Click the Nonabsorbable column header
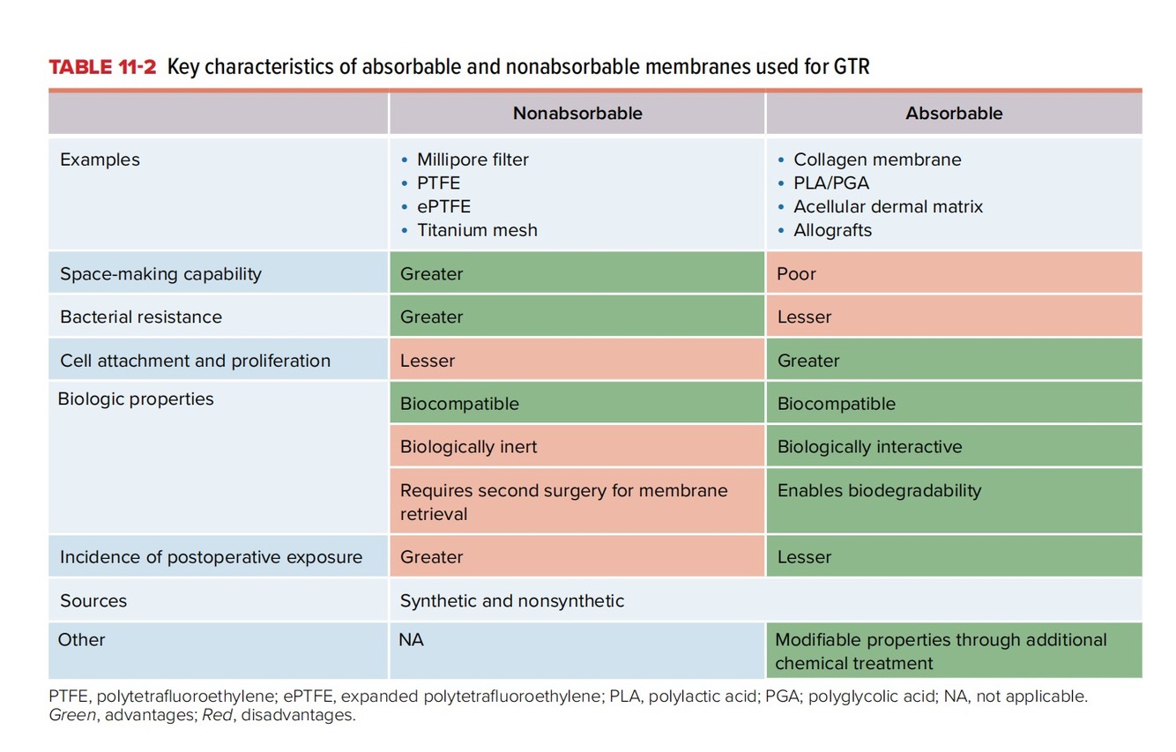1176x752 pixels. click(577, 114)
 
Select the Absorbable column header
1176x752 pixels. click(954, 114)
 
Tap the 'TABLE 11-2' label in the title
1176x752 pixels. click(102, 67)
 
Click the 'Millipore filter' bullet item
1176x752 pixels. click(473, 160)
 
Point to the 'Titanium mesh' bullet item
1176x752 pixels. click(477, 230)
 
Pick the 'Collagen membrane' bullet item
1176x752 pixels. click(877, 160)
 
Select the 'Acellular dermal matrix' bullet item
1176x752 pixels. click(888, 207)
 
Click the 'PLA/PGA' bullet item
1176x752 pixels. click(830, 183)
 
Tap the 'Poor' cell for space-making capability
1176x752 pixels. click(797, 274)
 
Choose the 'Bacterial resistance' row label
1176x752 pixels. click(141, 316)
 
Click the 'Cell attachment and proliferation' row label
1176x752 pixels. click(195, 361)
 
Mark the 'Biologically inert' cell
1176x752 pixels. click(468, 447)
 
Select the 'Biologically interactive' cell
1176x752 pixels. click(869, 447)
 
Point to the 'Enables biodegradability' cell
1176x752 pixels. click(879, 491)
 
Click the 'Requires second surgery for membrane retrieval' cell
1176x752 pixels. click(564, 502)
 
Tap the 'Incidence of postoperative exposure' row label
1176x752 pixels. click(211, 557)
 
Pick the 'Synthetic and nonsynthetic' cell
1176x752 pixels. click(512, 601)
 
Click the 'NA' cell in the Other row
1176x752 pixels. click(412, 640)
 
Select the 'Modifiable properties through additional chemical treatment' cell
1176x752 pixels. click(941, 651)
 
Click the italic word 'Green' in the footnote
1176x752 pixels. click(72, 715)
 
